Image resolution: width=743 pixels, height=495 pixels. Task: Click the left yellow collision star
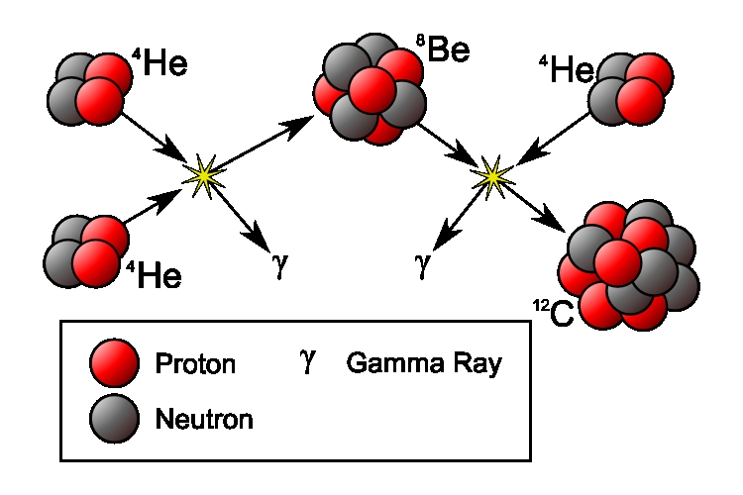[204, 175]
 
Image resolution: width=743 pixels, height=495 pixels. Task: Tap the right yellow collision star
[492, 176]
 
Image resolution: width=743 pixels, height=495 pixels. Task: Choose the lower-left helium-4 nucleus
[86, 248]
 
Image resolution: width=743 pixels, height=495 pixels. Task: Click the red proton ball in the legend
[110, 363]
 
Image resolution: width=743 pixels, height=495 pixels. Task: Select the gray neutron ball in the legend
[110, 418]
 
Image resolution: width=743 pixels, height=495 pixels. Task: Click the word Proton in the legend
[195, 364]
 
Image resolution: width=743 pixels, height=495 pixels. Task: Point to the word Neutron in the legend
[204, 419]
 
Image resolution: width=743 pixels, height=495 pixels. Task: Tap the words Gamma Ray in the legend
[424, 363]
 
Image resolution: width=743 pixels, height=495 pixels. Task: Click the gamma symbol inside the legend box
[308, 362]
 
